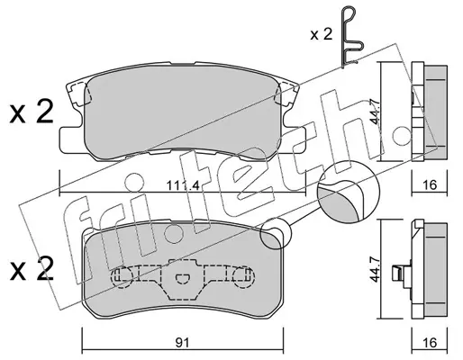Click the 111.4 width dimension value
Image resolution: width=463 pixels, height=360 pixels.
tap(183, 186)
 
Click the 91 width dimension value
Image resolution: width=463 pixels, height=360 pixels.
tap(182, 342)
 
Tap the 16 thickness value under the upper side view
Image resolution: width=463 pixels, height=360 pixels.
tap(430, 185)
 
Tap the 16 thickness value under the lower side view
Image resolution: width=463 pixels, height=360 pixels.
tap(430, 342)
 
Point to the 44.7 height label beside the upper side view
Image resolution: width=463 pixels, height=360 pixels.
tap(375, 112)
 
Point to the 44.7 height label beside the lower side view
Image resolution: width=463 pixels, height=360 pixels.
tap(375, 269)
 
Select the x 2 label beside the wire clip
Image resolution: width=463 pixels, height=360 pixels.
tap(322, 34)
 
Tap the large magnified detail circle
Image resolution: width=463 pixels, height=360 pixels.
tap(349, 192)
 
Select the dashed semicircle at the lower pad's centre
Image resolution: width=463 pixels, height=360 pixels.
tap(182, 278)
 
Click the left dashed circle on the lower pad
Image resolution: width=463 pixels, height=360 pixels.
tap(123, 276)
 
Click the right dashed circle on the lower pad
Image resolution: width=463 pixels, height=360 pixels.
tap(243, 276)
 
